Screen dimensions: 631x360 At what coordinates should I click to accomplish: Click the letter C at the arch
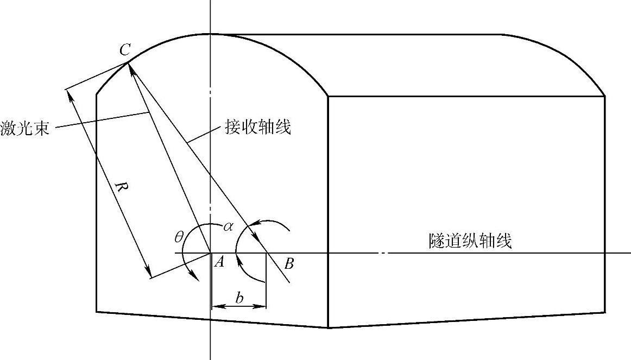click(x=124, y=50)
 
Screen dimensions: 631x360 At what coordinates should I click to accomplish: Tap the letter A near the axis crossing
click(x=219, y=263)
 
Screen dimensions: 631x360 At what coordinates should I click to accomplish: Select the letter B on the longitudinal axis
click(x=289, y=264)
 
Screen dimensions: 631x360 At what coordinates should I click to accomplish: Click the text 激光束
click(x=25, y=129)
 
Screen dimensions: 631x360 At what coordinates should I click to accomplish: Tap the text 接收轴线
click(x=258, y=128)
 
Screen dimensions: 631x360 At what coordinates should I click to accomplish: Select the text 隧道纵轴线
click(x=470, y=241)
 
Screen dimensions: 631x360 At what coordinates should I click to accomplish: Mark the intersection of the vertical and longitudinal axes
click(x=210, y=253)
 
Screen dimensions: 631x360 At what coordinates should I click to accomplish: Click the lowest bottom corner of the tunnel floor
click(x=329, y=327)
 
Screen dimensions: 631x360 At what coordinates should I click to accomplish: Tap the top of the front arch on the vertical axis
click(x=210, y=34)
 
